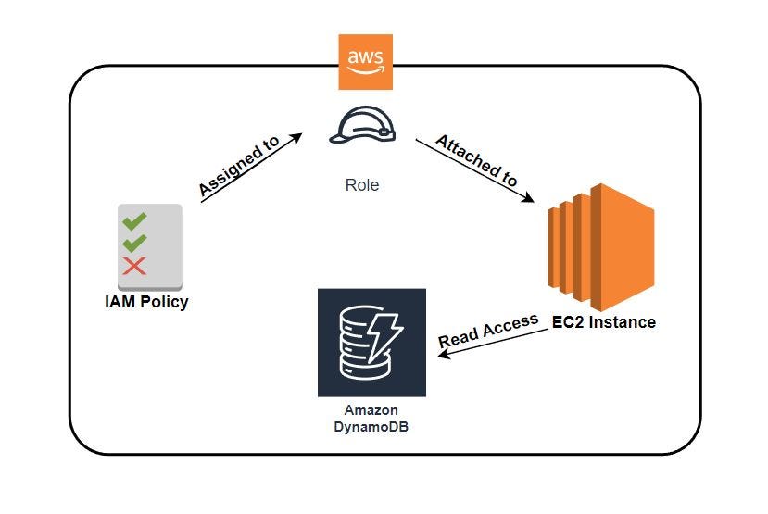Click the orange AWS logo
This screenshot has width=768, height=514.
tap(365, 62)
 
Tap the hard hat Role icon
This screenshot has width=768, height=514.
tap(362, 126)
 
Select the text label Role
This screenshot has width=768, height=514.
tap(361, 185)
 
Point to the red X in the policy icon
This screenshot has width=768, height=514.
tap(134, 267)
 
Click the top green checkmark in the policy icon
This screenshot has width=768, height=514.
tap(135, 220)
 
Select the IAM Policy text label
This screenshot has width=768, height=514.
tap(146, 302)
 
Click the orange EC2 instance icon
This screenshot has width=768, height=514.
tap(600, 246)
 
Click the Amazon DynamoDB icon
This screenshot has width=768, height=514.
tap(371, 343)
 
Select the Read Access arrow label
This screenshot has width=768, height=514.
tap(488, 332)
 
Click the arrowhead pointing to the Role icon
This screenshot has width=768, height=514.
tap(296, 137)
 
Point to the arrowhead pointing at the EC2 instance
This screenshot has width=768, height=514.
tap(530, 198)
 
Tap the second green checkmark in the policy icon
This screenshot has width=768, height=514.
tap(135, 243)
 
